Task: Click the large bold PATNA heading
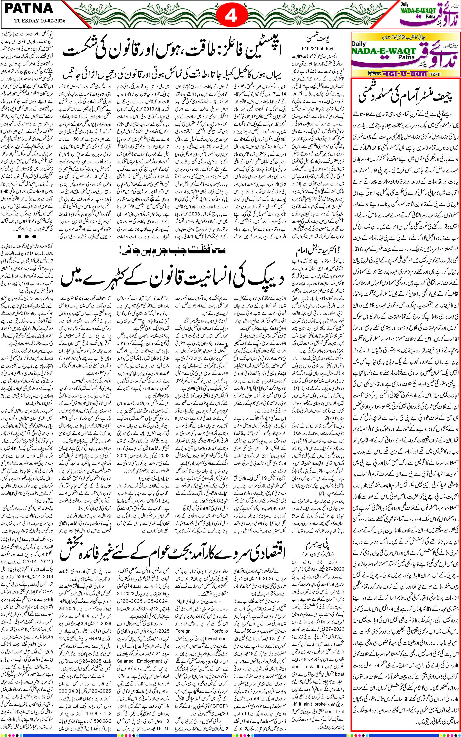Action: (x=29, y=8)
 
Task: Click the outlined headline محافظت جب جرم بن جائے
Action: (x=172, y=250)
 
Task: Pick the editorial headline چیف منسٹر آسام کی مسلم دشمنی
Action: (x=406, y=95)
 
